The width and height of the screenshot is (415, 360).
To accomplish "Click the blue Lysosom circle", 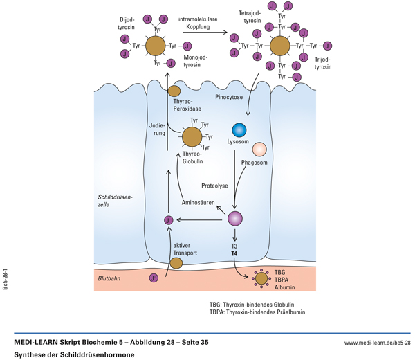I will (239, 129).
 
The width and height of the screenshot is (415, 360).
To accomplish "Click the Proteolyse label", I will (214, 186).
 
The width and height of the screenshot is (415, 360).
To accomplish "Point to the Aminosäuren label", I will (196, 203).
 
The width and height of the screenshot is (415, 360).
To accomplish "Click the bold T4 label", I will (234, 254).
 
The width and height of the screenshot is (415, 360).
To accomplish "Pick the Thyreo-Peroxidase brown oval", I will (174, 91).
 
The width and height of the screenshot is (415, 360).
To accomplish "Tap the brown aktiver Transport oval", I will (176, 263).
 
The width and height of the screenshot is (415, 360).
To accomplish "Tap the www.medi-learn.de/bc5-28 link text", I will (377, 342).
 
